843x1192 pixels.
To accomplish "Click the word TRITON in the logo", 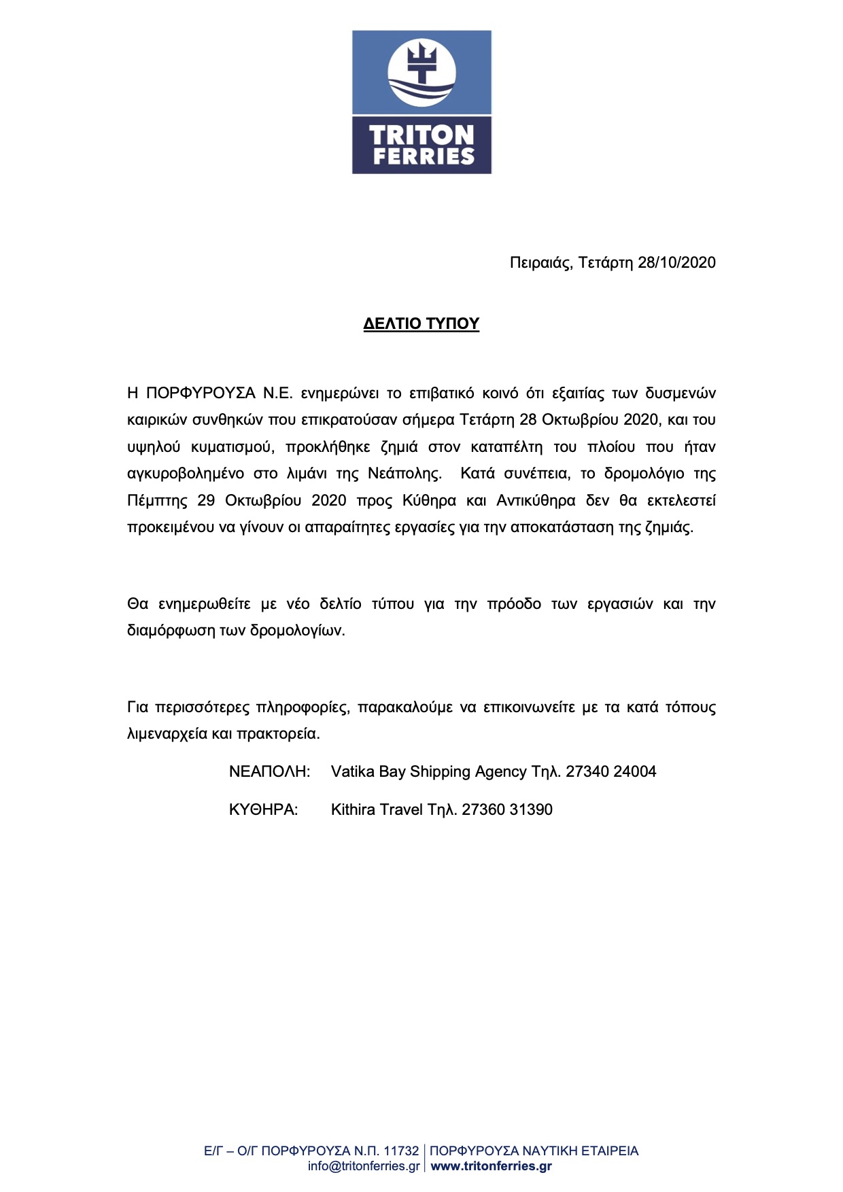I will pyautogui.click(x=421, y=135).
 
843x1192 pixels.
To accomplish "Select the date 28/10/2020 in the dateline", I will pyautogui.click(x=676, y=263).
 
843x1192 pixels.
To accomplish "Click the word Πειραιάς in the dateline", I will pyautogui.click(x=540, y=263).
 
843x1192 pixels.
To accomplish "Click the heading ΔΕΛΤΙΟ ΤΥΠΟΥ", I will pyautogui.click(x=421, y=323).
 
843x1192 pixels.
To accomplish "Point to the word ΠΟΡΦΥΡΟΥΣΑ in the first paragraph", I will pyautogui.click(x=201, y=393).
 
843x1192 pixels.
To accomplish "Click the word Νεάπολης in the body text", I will pyautogui.click(x=405, y=474).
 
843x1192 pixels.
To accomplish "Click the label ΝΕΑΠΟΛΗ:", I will pyautogui.click(x=269, y=772).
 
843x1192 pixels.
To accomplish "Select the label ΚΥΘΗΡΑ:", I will pyautogui.click(x=263, y=810).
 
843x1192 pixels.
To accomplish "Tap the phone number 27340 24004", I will pyautogui.click(x=610, y=772).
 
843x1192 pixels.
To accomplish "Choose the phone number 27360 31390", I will pyautogui.click(x=507, y=810).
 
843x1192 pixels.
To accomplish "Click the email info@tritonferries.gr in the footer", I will pyautogui.click(x=364, y=1166).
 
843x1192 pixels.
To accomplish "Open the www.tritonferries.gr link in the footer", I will pyautogui.click(x=491, y=1166).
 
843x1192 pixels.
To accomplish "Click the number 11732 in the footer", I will pyautogui.click(x=401, y=1151).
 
